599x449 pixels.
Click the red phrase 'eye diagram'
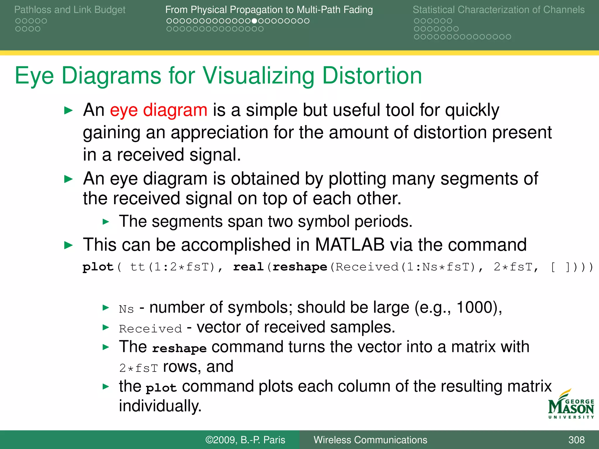click(159, 110)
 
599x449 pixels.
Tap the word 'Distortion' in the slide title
click(372, 76)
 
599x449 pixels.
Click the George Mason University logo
click(571, 405)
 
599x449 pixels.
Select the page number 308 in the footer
click(576, 440)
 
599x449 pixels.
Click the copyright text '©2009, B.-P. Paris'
click(245, 440)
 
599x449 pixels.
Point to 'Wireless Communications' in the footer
click(370, 440)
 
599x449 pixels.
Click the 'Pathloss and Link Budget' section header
click(70, 10)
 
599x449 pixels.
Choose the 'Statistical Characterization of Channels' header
click(498, 10)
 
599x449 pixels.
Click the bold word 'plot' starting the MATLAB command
click(98, 267)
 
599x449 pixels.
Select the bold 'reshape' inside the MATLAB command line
click(299, 267)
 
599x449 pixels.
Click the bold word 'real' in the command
click(248, 267)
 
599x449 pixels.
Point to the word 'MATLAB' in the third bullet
click(350, 244)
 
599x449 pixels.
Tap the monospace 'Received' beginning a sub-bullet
click(150, 329)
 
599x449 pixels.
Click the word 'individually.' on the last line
click(160, 406)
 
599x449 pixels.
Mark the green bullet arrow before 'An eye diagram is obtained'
click(68, 179)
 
